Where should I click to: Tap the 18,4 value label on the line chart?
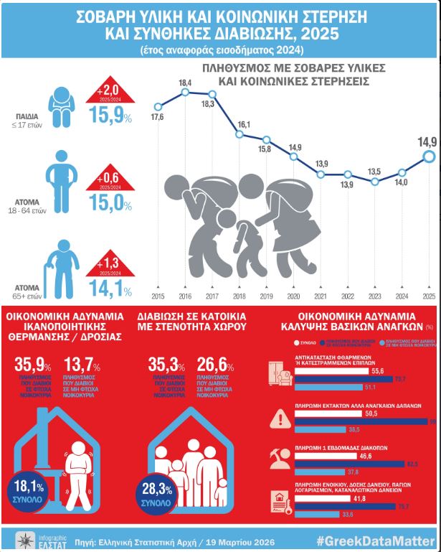pos(185,84)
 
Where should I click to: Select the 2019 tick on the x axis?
pos(265,296)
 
